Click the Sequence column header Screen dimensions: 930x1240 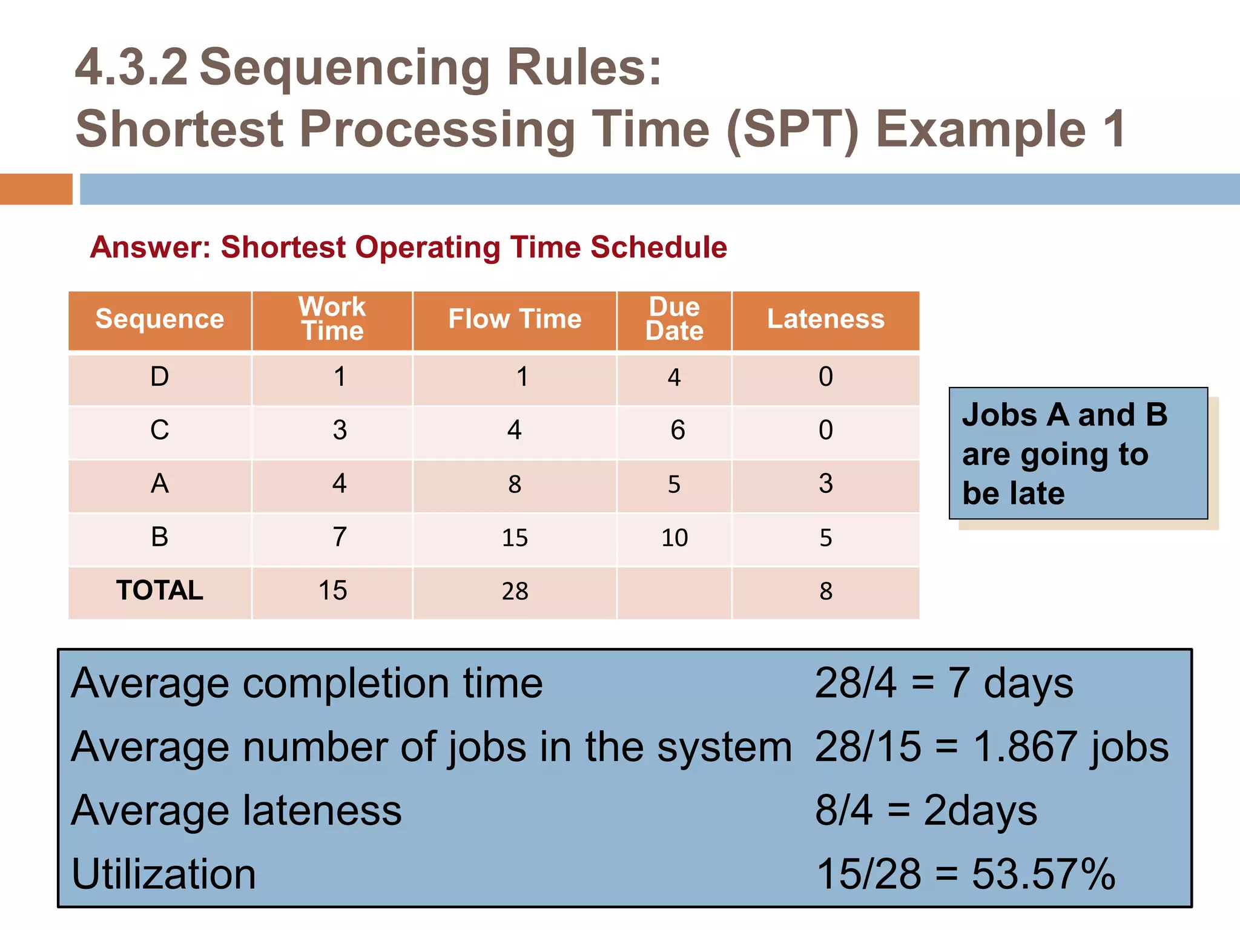(x=160, y=319)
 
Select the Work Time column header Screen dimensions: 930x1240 (x=332, y=319)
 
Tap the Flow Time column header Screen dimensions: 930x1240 (x=515, y=319)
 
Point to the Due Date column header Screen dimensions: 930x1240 (x=674, y=319)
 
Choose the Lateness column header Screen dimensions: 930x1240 (x=826, y=319)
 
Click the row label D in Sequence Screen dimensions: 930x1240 (x=160, y=377)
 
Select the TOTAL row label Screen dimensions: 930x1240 (x=160, y=590)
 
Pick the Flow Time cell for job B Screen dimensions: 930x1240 (x=515, y=538)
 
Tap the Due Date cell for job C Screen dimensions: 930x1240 (x=677, y=430)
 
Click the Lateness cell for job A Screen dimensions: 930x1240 (x=826, y=484)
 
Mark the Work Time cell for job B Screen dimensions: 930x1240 (x=340, y=537)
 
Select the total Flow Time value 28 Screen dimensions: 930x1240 (x=515, y=591)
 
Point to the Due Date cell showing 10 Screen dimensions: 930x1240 (x=674, y=538)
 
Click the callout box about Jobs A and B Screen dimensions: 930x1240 (x=1078, y=453)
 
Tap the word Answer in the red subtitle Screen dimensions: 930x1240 (x=149, y=248)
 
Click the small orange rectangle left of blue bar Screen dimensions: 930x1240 (x=36, y=189)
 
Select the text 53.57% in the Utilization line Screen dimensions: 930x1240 (x=1043, y=874)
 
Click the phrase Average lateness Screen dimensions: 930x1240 (x=236, y=811)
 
